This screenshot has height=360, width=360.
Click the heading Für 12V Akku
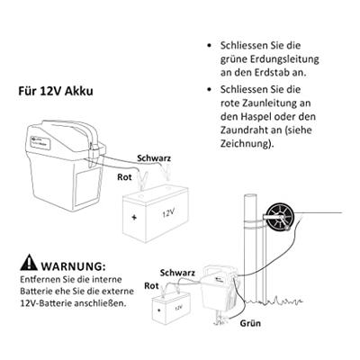pos(56,91)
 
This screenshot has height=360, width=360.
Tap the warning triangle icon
pos(29,263)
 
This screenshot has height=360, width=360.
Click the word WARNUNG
pos(73,265)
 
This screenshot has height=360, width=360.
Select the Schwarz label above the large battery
pos(154,158)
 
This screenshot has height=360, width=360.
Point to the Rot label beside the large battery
pos(124,177)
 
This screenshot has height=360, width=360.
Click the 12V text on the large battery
pos(168,213)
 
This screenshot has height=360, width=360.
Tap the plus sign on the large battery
pos(134,217)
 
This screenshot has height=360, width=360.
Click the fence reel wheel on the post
pos(281,218)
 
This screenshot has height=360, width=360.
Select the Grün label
pos(250,323)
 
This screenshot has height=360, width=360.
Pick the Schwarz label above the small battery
pos(177,273)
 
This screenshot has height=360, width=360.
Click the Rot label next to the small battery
pos(151,285)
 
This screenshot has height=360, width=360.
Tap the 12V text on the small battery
pos(178,308)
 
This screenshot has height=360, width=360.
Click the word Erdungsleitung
pos(284,59)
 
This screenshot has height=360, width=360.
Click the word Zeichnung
pos(246,143)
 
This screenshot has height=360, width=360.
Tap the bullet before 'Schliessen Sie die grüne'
pos(210,46)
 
